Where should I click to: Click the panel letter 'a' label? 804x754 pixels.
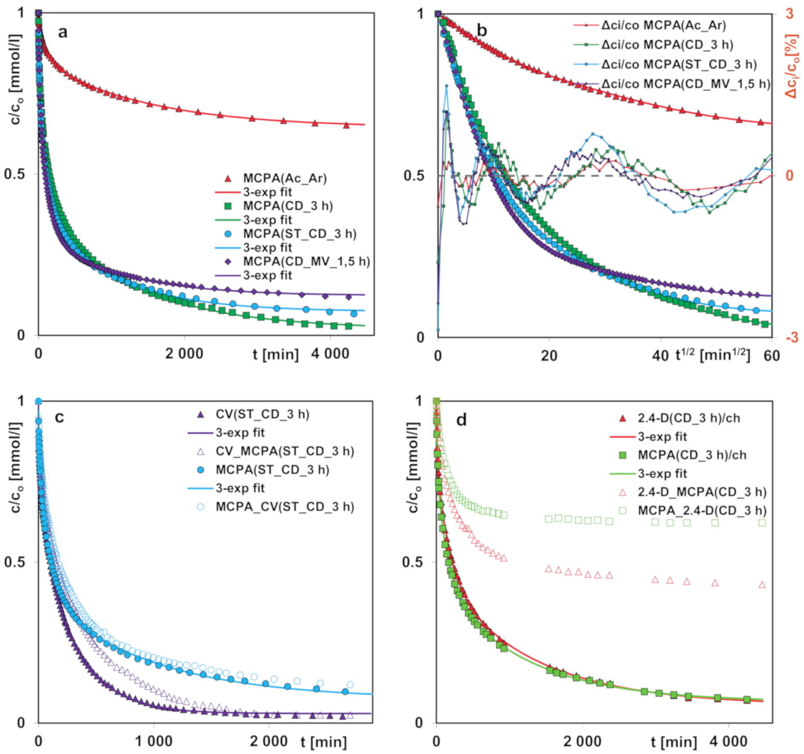(62, 33)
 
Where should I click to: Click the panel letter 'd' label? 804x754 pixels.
(461, 420)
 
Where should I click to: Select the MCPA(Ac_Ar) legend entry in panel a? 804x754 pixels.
(285, 178)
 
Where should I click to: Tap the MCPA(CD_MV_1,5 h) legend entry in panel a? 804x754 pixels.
(306, 261)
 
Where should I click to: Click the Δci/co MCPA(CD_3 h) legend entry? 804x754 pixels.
(667, 45)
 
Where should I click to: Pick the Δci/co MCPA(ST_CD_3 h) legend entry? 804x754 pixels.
(679, 65)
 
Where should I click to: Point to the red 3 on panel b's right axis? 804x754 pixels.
(789, 13)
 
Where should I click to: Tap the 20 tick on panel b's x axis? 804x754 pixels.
(549, 356)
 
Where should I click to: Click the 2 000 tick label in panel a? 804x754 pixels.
(184, 354)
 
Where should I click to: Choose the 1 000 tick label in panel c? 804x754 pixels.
(153, 741)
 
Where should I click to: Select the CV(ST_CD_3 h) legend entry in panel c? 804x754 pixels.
(262, 414)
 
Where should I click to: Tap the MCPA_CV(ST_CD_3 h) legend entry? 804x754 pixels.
(285, 507)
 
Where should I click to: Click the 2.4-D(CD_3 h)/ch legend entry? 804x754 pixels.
(688, 418)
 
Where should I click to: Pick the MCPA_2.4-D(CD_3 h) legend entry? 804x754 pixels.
(702, 510)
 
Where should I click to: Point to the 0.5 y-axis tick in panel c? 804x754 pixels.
(14, 561)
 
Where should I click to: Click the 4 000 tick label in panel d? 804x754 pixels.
(728, 741)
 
